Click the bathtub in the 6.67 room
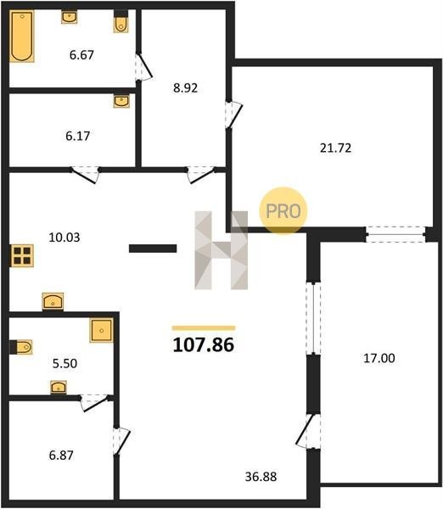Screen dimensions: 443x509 pyautogui.click(x=22, y=36)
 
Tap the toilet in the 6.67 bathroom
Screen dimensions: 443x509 pyautogui.click(x=121, y=22)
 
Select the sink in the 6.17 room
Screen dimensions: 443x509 pyautogui.click(x=121, y=101)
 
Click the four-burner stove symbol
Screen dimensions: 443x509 pyautogui.click(x=22, y=255)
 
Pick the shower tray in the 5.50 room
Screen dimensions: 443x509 pyautogui.click(x=102, y=331)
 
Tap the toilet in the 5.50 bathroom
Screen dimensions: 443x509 pyautogui.click(x=21, y=347)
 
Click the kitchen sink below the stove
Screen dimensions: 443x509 pyautogui.click(x=53, y=301)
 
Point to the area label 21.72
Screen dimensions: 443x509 pyautogui.click(x=335, y=148)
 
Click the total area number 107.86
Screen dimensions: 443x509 pyautogui.click(x=204, y=344)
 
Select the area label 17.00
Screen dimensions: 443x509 pyautogui.click(x=379, y=358)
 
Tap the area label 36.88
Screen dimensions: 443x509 pyautogui.click(x=261, y=477)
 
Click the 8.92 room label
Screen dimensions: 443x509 pyautogui.click(x=186, y=88)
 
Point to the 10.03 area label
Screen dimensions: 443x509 pyautogui.click(x=64, y=238)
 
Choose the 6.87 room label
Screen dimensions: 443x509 pyautogui.click(x=61, y=455)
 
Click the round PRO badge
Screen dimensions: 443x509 pyautogui.click(x=283, y=210)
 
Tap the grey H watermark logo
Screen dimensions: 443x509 pyautogui.click(x=222, y=250)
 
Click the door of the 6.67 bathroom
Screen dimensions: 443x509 pyautogui.click(x=145, y=66)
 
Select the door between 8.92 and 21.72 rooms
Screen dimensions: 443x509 pyautogui.click(x=234, y=115)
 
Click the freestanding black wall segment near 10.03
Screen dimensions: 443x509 pyautogui.click(x=153, y=249)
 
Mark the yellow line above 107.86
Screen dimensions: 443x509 pyautogui.click(x=204, y=327)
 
